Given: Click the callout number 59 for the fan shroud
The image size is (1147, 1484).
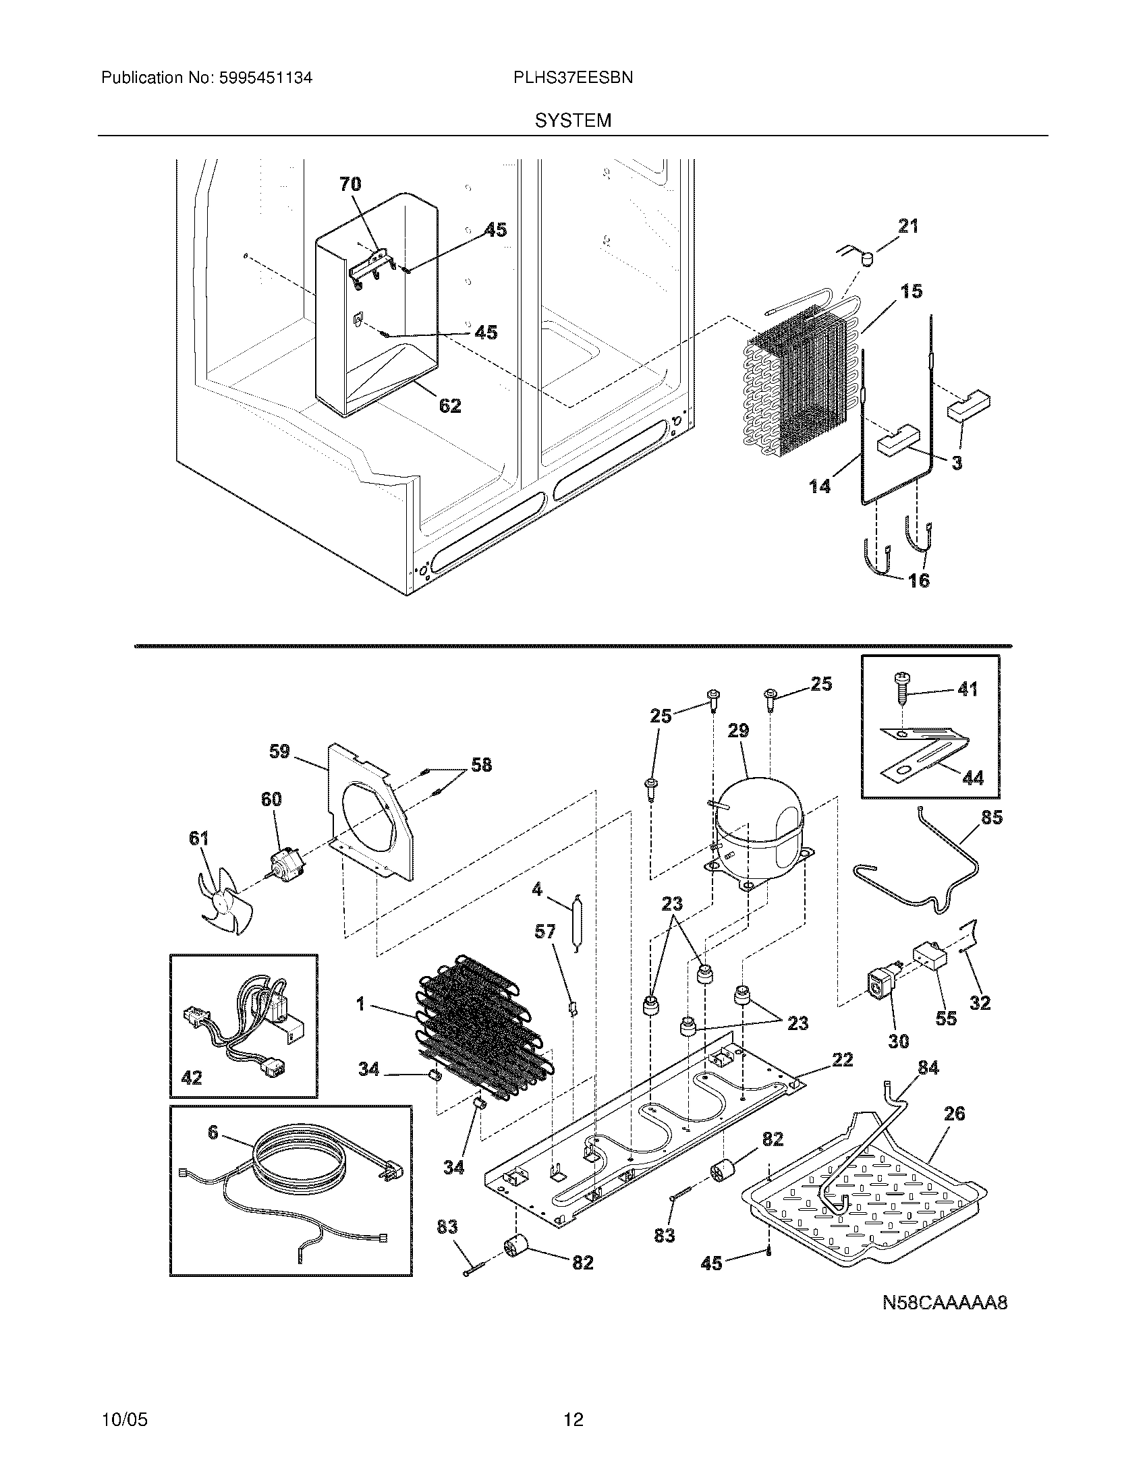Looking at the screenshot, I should click(x=279, y=751).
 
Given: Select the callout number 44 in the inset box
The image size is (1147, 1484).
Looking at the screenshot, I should click(x=973, y=778).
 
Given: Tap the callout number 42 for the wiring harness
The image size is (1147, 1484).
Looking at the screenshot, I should click(x=192, y=1078).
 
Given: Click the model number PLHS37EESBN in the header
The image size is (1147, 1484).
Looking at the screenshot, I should click(x=573, y=78).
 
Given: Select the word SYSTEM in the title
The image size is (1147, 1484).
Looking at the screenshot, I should click(x=573, y=121).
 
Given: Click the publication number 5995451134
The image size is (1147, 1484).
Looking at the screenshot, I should click(x=265, y=78).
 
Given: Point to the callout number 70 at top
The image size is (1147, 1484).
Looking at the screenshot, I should click(x=350, y=184).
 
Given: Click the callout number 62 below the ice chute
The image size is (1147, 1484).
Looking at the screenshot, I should click(x=450, y=406).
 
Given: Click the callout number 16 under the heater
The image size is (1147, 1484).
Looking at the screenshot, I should click(x=919, y=581).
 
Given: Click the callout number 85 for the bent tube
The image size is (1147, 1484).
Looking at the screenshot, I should click(x=992, y=818).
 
